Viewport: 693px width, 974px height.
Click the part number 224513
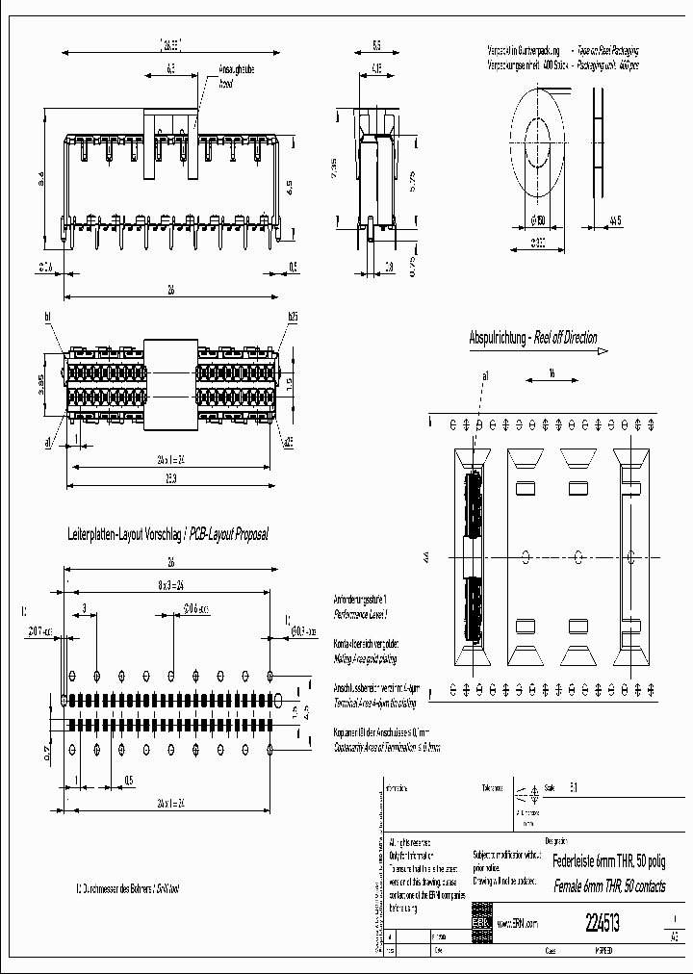(x=603, y=922)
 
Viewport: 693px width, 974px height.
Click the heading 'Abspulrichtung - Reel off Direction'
(x=532, y=338)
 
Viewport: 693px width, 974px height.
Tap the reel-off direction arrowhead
(x=603, y=351)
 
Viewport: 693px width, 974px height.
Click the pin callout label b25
(x=293, y=317)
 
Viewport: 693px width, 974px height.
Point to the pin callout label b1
(x=48, y=317)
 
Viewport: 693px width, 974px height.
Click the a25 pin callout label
(x=288, y=443)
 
